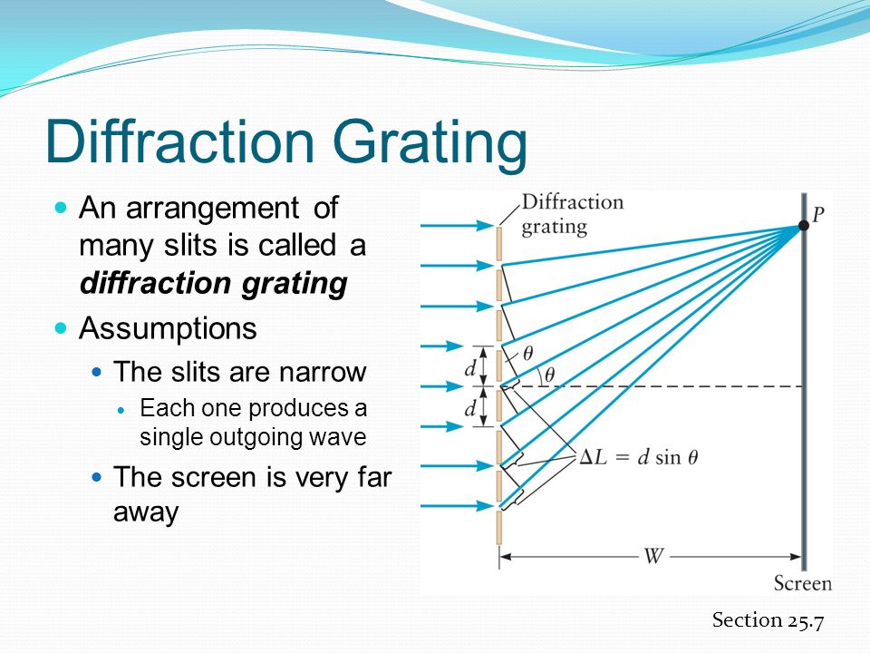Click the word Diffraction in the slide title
point(180,141)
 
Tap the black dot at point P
point(804,226)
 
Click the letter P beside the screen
point(818,214)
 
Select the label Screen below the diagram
point(803,583)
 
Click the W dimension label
point(653,555)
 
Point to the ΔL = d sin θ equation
point(638,457)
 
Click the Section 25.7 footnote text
point(768,619)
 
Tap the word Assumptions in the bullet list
point(169,328)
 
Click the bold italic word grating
point(295,284)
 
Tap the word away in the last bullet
point(146,512)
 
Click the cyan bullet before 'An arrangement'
point(61,209)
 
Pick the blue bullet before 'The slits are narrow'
point(97,372)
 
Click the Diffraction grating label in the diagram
point(573,214)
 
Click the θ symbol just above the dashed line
point(549,375)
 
